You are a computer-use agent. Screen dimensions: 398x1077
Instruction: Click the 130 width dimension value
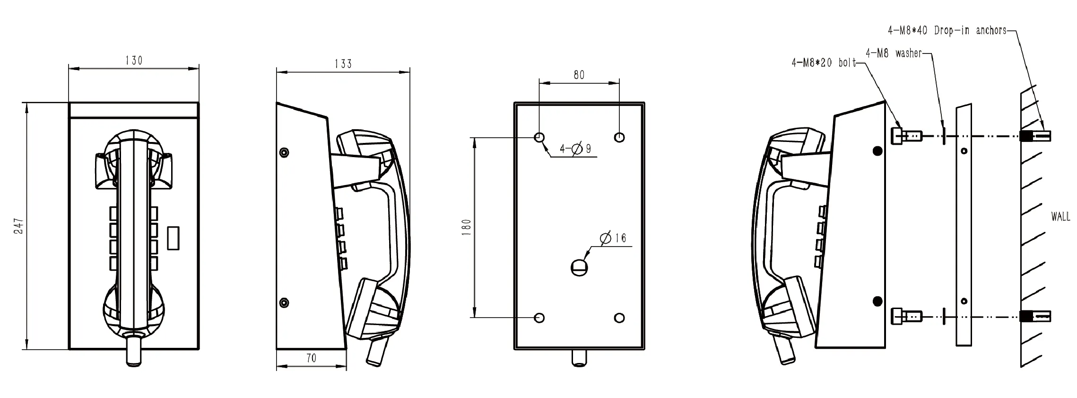(134, 61)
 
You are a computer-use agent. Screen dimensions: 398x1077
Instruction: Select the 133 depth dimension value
(343, 64)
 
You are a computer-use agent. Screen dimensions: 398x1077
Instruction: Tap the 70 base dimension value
(311, 358)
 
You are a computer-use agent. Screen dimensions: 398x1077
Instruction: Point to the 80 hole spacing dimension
(579, 75)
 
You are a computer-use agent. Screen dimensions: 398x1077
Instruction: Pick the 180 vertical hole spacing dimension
(467, 227)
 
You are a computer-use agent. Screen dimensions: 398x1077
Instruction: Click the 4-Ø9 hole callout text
(575, 149)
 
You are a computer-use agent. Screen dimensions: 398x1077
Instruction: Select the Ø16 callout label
(613, 238)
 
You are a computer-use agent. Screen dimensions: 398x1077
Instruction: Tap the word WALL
(1060, 217)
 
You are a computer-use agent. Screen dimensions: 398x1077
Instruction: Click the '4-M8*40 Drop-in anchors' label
(947, 30)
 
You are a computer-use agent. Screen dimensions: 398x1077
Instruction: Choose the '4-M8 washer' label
(894, 53)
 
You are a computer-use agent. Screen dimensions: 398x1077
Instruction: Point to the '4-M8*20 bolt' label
(824, 62)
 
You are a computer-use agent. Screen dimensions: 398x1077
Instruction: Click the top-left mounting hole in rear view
(539, 138)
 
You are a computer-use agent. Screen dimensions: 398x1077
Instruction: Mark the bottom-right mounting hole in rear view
(619, 318)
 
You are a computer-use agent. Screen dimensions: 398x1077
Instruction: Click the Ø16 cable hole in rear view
(579, 268)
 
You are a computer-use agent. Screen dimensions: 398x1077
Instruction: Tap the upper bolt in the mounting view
(905, 136)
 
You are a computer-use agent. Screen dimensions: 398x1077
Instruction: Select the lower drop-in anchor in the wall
(1035, 316)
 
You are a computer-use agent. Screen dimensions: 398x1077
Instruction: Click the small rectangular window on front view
(174, 238)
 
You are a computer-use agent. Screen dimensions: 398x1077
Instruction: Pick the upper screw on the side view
(284, 152)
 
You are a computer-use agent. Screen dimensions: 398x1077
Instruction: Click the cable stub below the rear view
(579, 358)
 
